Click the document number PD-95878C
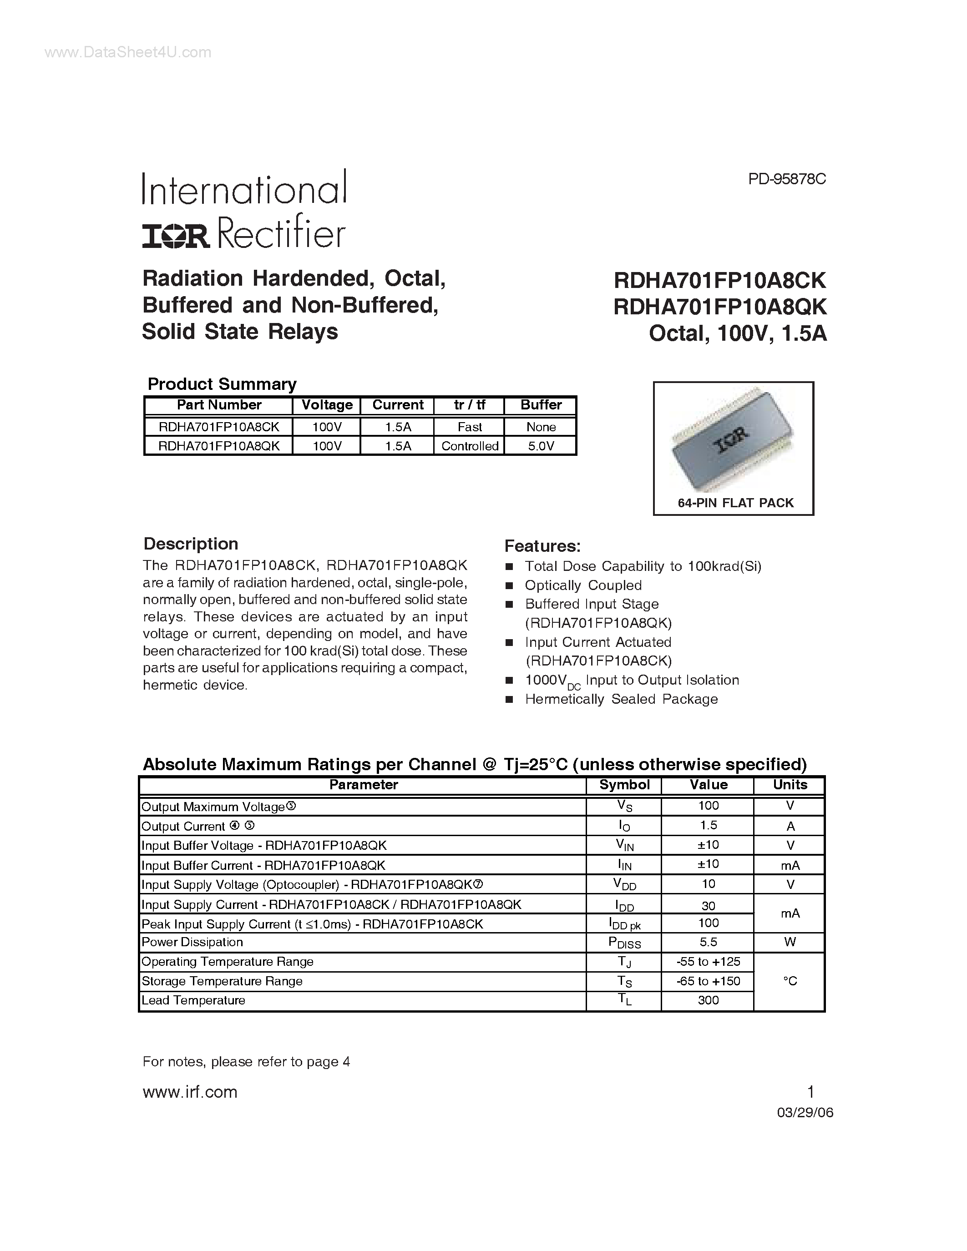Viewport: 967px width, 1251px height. point(786,179)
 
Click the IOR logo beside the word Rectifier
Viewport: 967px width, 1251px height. point(176,236)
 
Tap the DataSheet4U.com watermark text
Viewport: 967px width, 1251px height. point(128,53)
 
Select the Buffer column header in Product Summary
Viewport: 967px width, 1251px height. point(540,405)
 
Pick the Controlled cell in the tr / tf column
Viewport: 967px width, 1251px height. point(469,446)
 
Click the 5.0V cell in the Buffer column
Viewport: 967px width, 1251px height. point(540,446)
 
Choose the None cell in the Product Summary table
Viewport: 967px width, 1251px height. point(540,427)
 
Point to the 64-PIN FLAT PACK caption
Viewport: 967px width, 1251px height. point(735,503)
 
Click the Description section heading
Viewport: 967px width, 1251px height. point(190,544)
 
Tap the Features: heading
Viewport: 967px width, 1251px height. point(542,546)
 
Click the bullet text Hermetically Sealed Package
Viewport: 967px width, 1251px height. point(621,699)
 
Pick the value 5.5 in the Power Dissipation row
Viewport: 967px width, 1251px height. point(708,942)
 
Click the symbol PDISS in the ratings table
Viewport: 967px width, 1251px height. point(624,943)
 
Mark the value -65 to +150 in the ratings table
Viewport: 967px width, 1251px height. point(708,981)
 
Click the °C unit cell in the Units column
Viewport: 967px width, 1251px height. point(790,981)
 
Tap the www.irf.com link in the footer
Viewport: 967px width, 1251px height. point(190,1092)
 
